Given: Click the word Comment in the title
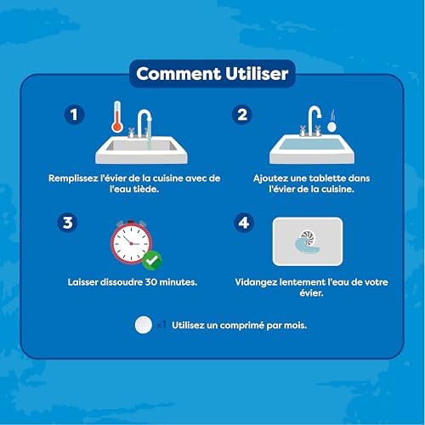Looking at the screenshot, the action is [x=178, y=74].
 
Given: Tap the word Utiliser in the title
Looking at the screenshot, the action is [x=257, y=74].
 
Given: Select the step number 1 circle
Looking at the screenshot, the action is [x=74, y=115].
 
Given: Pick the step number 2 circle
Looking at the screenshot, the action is [x=242, y=115].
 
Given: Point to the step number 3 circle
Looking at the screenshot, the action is [x=67, y=223].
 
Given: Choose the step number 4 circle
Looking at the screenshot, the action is [x=244, y=223].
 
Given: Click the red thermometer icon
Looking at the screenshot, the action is [x=117, y=116].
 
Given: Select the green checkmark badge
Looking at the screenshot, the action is [x=152, y=260].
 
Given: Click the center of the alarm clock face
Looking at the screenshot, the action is [x=131, y=243].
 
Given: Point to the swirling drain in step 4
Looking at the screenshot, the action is [x=308, y=241].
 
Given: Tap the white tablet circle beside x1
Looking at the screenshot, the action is [x=144, y=325].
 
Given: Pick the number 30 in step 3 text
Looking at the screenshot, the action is [x=151, y=282].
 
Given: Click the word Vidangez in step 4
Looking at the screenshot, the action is [x=256, y=282].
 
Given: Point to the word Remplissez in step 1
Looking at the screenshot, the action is [x=73, y=178].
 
